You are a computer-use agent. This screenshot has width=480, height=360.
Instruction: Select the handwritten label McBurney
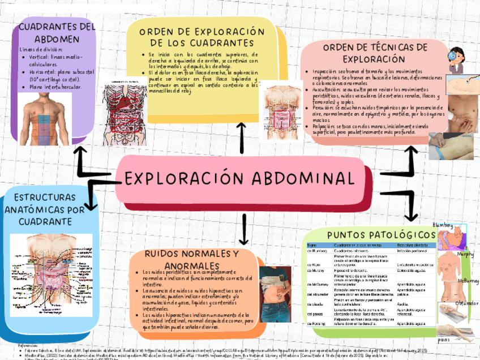(x=468, y=281)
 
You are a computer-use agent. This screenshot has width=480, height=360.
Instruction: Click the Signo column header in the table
(x=311, y=245)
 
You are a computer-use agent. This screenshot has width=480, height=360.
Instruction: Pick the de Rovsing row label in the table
(x=316, y=323)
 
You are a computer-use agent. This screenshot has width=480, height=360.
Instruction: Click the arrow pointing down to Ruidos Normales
(x=245, y=229)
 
